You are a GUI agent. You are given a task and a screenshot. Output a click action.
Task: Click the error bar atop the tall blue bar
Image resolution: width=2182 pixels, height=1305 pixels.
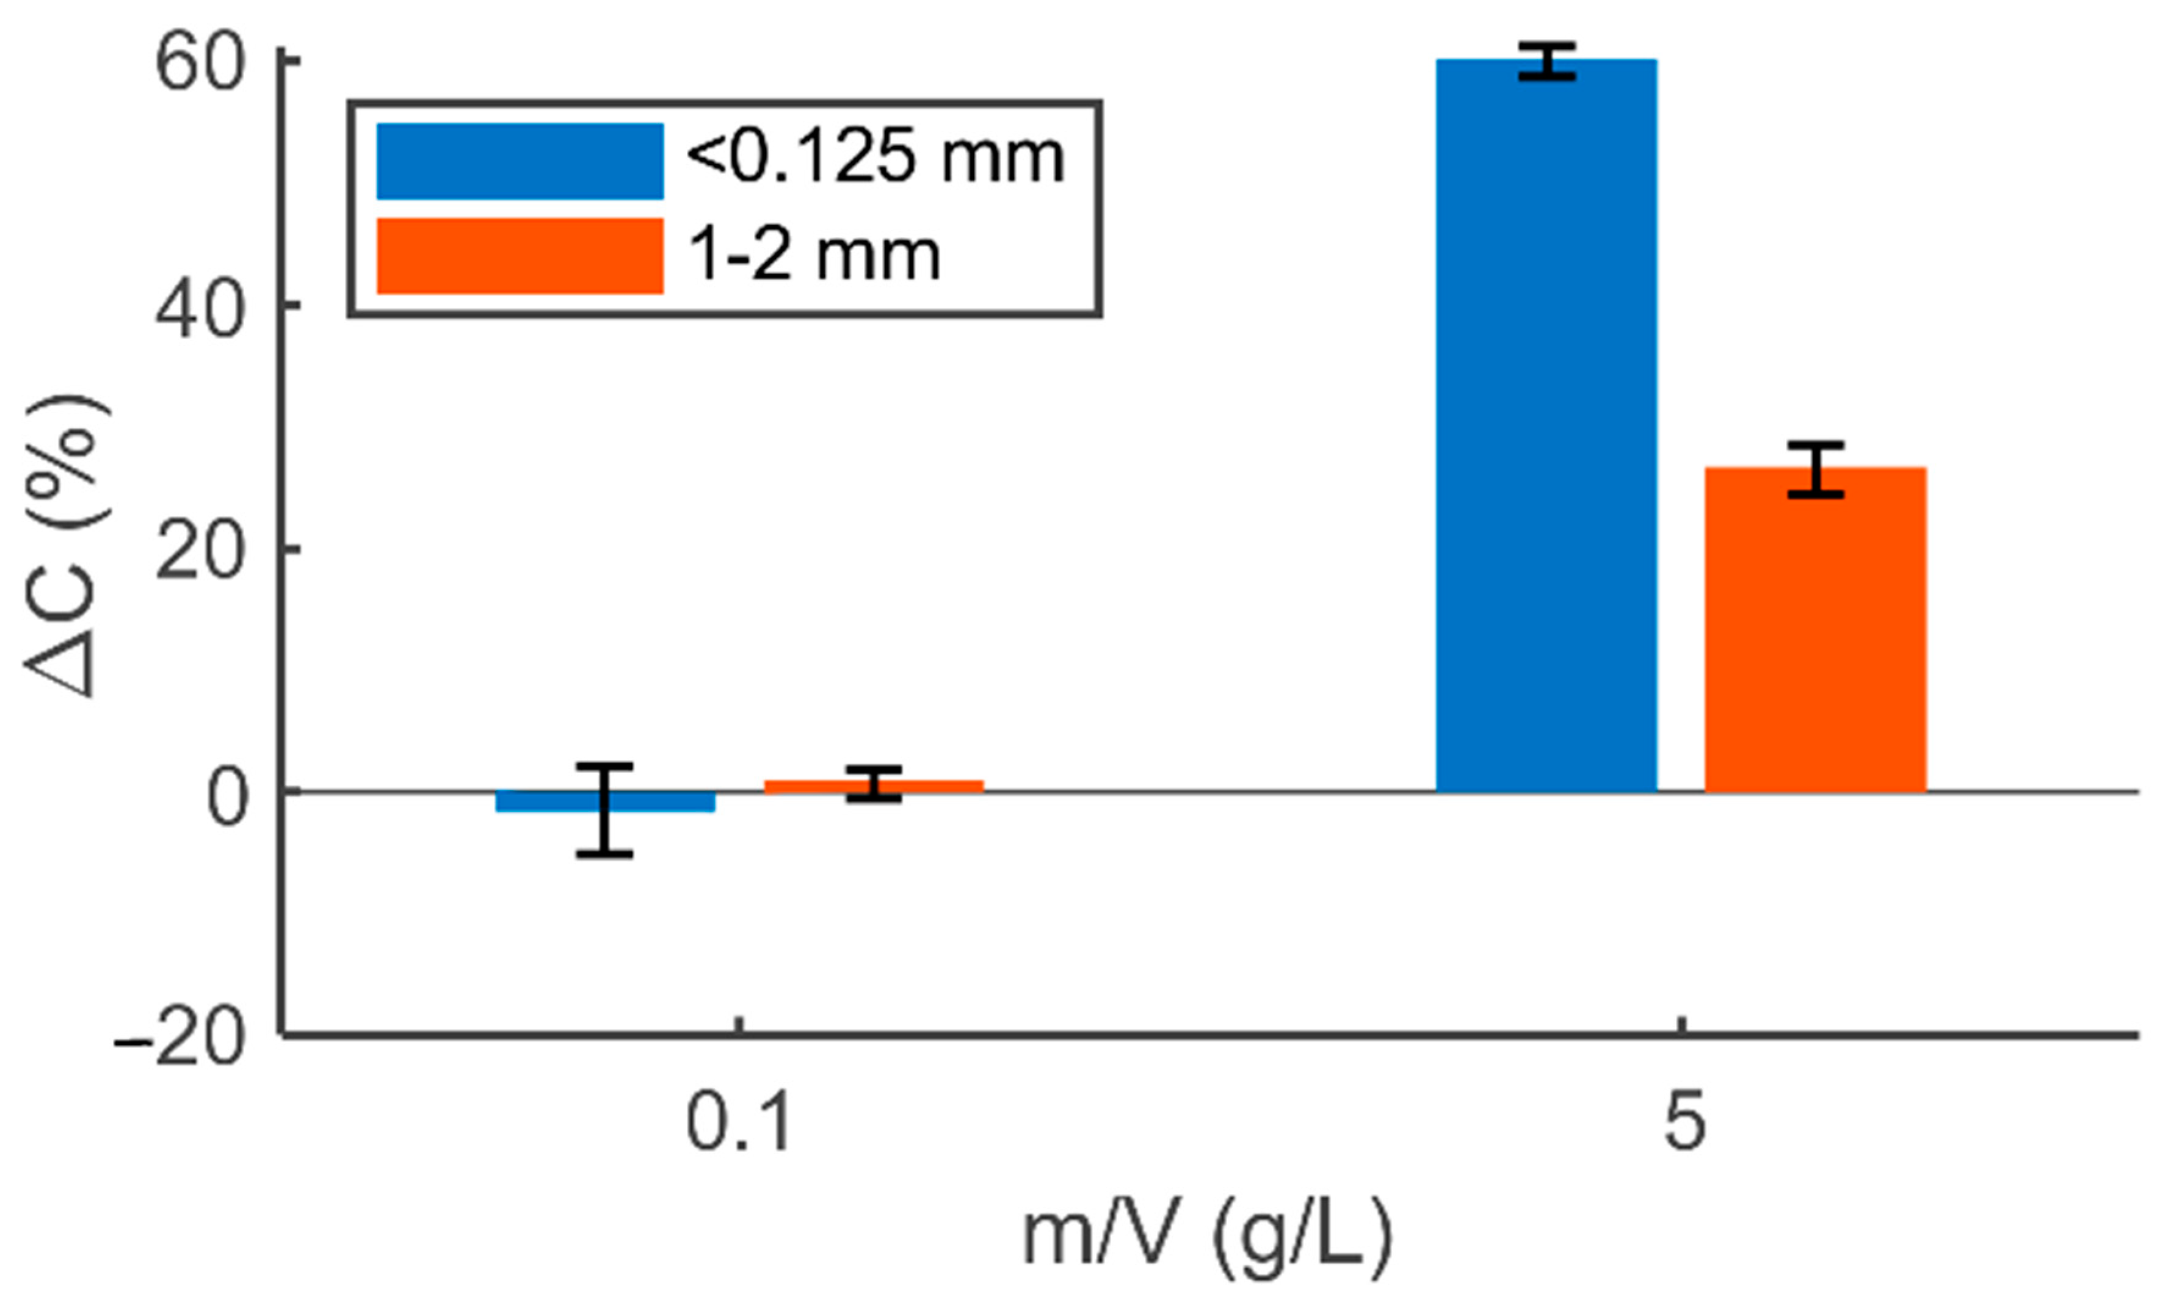click(x=1547, y=60)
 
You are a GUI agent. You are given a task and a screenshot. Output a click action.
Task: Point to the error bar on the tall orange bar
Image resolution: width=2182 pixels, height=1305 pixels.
click(x=1815, y=469)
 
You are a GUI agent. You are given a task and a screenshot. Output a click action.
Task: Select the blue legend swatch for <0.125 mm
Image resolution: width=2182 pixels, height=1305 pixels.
click(x=520, y=161)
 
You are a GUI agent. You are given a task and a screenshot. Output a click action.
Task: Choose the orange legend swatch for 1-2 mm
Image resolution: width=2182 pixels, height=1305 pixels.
click(x=520, y=256)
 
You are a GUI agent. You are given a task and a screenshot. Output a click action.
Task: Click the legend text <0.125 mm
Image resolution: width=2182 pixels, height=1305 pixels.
click(x=875, y=159)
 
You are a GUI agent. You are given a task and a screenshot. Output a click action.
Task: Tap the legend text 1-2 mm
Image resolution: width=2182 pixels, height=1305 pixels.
click(x=814, y=256)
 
